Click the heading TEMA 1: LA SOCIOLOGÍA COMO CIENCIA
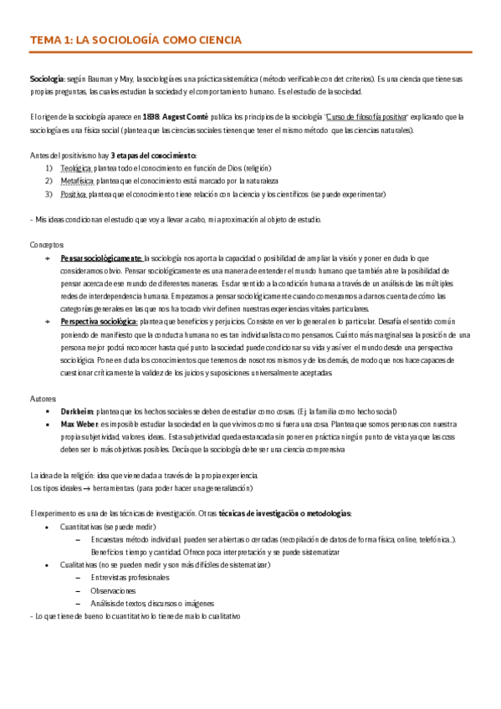click(x=135, y=39)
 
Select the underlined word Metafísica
click(x=77, y=181)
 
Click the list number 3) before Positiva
click(x=49, y=194)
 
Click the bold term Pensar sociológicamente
click(x=102, y=258)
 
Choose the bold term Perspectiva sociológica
click(x=100, y=321)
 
